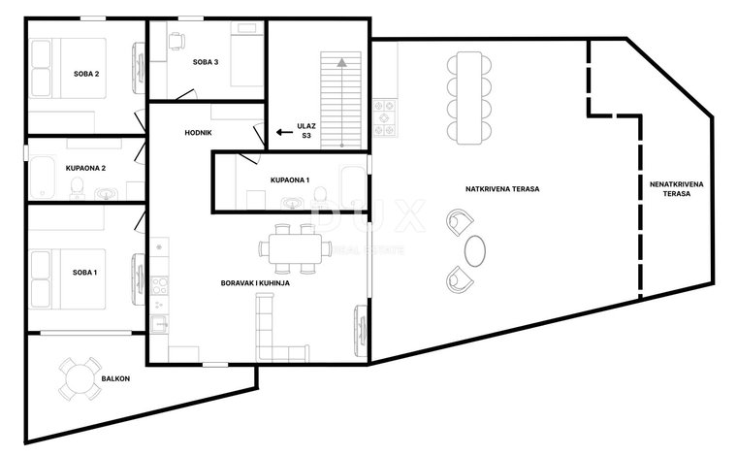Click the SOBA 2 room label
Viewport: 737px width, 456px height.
86,74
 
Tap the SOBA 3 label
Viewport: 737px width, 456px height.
206,62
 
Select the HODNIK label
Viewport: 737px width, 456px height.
199,133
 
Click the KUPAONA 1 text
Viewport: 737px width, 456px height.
290,180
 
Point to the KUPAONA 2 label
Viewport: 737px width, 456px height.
85,168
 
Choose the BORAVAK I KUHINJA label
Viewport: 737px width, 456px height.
255,283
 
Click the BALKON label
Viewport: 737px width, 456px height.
115,378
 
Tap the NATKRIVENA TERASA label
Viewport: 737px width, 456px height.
502,189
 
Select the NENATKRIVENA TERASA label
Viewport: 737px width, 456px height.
676,189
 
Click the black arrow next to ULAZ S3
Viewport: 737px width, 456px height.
284,132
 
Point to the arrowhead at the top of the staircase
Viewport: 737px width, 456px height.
341,62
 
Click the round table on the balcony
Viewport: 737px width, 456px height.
80,379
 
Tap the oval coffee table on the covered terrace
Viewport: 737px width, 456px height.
475,251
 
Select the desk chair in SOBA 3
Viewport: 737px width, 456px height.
176,41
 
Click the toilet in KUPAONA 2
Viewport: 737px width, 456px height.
77,188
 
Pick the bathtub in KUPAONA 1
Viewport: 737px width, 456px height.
353,186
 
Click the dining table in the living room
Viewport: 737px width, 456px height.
295,249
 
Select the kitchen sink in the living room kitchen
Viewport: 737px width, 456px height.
158,324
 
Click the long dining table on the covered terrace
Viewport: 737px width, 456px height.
469,98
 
